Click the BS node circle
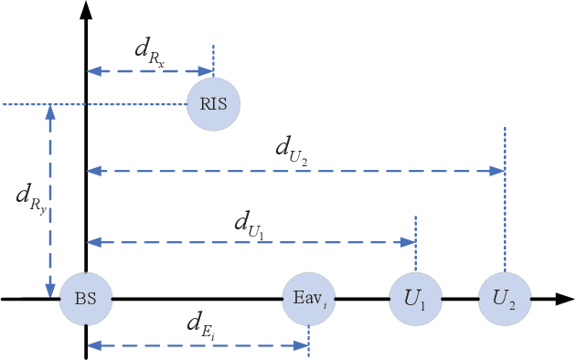(86, 299)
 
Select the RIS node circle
(213, 103)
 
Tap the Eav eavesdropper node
(308, 299)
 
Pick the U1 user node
(416, 299)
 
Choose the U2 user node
(505, 299)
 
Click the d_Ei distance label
(200, 324)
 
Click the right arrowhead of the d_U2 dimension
(499, 171)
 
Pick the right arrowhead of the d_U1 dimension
(411, 242)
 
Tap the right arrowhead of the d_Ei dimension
(303, 344)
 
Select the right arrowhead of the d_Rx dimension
(208, 70)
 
